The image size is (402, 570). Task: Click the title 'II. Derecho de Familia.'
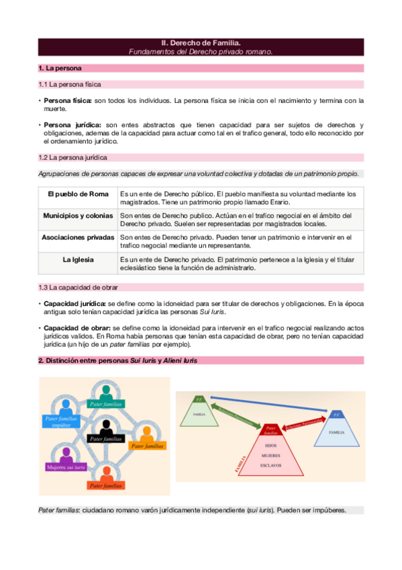pos(201,42)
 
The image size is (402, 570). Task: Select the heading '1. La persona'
pos(61,68)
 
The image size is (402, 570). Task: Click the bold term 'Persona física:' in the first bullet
pos(67,101)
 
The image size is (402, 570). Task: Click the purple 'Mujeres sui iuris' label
pos(66,466)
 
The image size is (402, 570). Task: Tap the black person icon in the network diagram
pos(105,426)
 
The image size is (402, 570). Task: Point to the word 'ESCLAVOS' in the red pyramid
pos(271,465)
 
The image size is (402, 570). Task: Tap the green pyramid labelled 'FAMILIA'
pos(199,412)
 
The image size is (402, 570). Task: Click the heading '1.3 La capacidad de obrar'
pos(80,287)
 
